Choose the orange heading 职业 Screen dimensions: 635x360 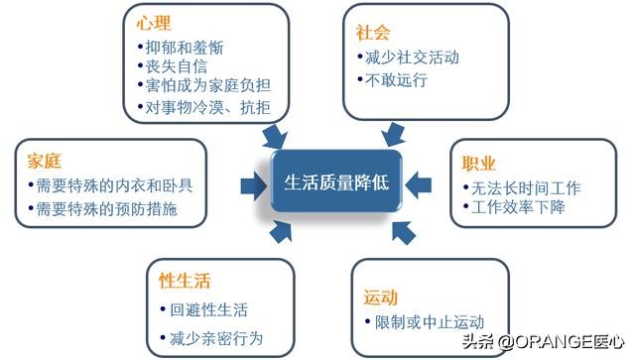point(478,163)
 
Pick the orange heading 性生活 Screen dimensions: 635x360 point(185,281)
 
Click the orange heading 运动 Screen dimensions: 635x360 point(381,298)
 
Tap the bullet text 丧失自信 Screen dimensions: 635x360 point(178,65)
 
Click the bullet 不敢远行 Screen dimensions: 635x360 point(397,79)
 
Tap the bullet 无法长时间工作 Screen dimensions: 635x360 point(526,186)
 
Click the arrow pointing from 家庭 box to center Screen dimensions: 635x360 point(250,182)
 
